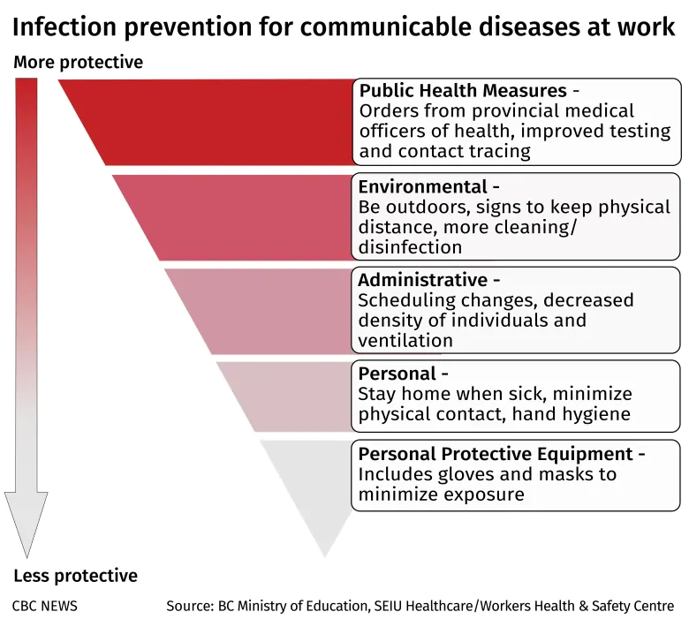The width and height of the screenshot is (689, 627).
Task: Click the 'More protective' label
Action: coord(79,63)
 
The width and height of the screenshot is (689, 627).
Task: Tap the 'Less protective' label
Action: coord(76,575)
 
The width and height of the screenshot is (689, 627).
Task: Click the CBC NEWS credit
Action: coord(44,606)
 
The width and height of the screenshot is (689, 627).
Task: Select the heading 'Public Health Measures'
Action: coord(463,90)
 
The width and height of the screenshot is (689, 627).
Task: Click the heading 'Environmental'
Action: coord(423,186)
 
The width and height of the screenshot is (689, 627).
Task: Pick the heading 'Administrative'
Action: coord(423,280)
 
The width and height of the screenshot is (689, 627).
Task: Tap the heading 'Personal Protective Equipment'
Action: coord(496,454)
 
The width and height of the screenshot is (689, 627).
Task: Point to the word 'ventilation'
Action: coord(405,341)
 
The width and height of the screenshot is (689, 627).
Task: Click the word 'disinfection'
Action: coord(410,247)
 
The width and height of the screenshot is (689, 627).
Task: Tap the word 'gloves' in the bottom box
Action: coord(466,474)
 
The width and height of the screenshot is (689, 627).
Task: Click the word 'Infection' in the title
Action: coord(64,27)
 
